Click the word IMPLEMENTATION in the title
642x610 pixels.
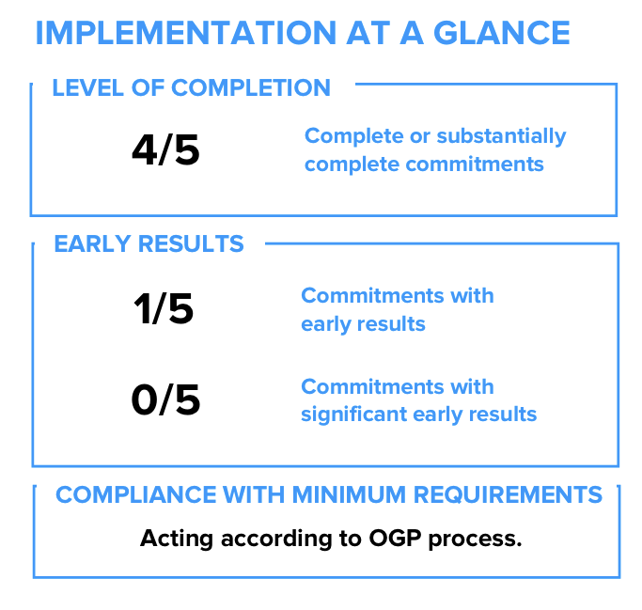(x=186, y=33)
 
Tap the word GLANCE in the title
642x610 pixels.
(x=502, y=33)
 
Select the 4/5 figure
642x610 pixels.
(x=165, y=149)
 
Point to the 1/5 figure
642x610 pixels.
(x=164, y=308)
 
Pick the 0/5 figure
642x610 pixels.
(x=165, y=399)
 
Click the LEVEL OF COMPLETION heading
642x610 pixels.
(x=191, y=87)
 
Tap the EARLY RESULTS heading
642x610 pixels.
(x=149, y=243)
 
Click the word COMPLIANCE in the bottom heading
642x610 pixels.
(x=136, y=494)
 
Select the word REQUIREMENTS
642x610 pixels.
(x=508, y=494)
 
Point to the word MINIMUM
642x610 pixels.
(x=350, y=494)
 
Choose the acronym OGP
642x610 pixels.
(x=395, y=538)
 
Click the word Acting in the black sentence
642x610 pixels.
(x=177, y=539)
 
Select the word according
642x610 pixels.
(x=276, y=539)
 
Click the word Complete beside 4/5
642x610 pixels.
(x=353, y=136)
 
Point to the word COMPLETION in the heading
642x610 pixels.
(x=251, y=87)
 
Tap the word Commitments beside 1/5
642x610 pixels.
(x=372, y=295)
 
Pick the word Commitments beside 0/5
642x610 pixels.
(x=372, y=386)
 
